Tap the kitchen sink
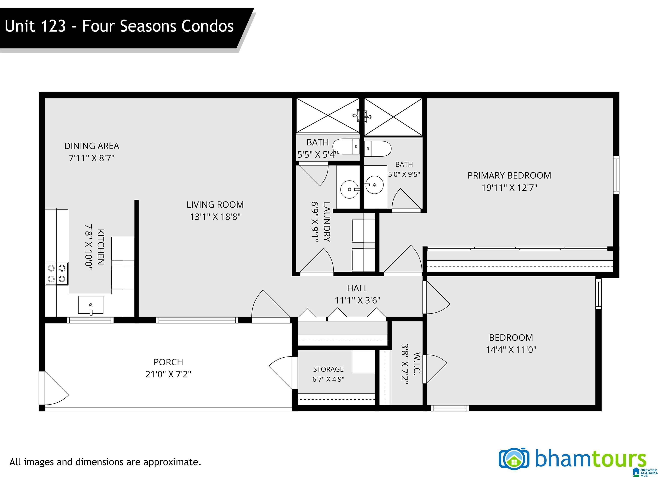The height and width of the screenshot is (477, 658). click(91, 305)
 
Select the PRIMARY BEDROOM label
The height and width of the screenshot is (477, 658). click(509, 175)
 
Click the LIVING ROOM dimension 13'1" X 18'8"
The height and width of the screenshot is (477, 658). click(215, 217)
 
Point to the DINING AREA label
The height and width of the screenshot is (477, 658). click(92, 146)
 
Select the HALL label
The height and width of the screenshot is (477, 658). click(357, 288)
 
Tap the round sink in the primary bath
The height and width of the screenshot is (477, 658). click(374, 185)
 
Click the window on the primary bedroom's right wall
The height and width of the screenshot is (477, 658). click(616, 175)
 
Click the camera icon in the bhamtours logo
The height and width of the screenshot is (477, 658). click(513, 459)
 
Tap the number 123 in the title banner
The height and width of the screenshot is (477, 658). click(53, 26)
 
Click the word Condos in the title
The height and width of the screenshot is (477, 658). click(207, 26)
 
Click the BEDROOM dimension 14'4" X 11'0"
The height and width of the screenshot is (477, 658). click(511, 349)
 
